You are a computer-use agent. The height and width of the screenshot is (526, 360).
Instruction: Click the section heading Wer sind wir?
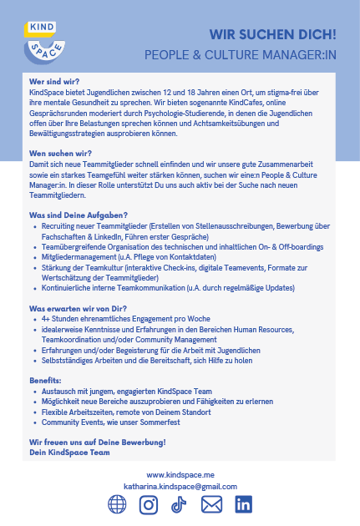(54, 82)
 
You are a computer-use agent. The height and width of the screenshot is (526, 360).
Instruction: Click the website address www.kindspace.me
(180, 475)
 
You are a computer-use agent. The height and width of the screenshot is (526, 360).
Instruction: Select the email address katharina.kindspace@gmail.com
(180, 486)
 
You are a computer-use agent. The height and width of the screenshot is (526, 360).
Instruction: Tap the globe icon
(118, 505)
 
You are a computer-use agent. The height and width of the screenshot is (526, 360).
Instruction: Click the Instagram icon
(149, 505)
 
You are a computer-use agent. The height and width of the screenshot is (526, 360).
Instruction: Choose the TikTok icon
(178, 505)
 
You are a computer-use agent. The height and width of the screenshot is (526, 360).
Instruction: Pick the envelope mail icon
(212, 505)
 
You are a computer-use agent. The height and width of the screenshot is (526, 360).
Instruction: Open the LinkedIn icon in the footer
(243, 505)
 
